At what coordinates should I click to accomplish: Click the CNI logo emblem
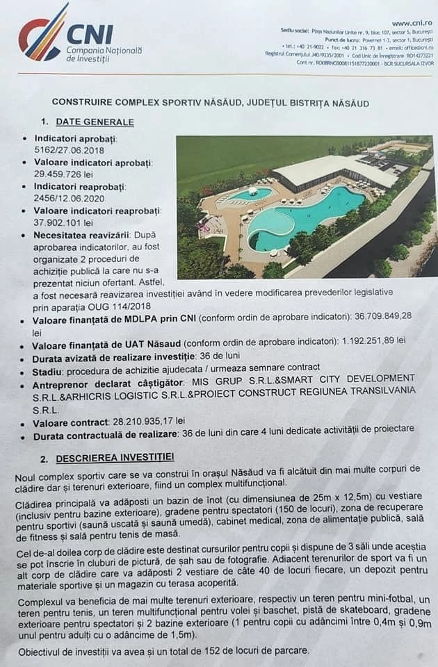tap(43, 33)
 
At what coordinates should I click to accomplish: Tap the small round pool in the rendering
tap(250, 193)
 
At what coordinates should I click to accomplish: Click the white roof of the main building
tap(327, 169)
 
